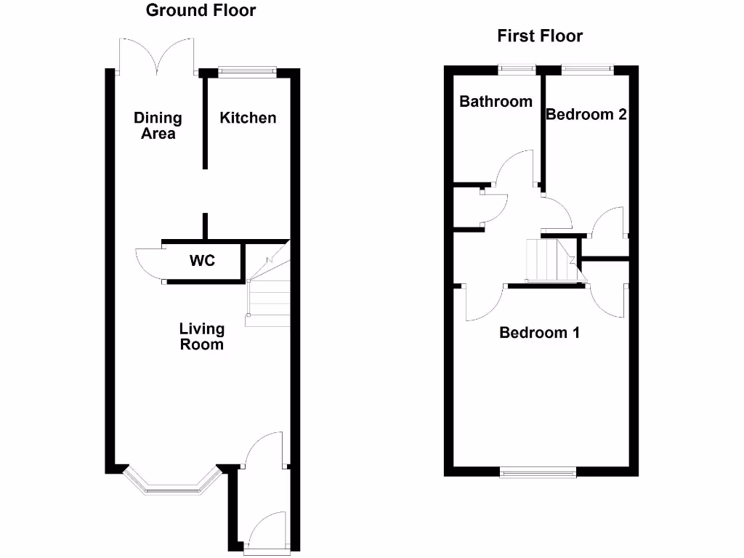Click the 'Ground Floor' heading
(x=201, y=10)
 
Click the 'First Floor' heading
(x=540, y=36)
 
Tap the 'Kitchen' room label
(x=248, y=118)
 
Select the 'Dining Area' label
(x=158, y=126)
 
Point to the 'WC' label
(x=202, y=260)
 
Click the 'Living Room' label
(x=201, y=337)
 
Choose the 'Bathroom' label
(x=496, y=102)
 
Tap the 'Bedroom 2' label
(x=586, y=114)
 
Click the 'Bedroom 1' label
(x=539, y=333)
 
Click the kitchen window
(x=248, y=71)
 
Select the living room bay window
(x=172, y=485)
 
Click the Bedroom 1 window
(x=538, y=473)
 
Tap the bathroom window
(x=517, y=70)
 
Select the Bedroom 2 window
(x=586, y=70)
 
